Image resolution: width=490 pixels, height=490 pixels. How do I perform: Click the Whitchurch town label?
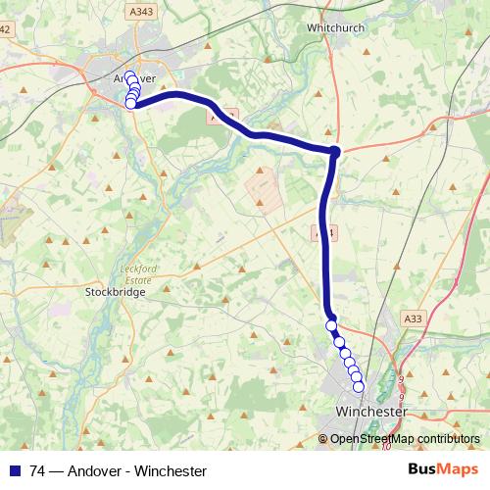pos(335,29)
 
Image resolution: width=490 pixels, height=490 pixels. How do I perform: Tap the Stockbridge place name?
pos(115,292)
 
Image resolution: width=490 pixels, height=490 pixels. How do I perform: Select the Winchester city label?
pos(370,413)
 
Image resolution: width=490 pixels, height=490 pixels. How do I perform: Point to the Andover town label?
pos(135,77)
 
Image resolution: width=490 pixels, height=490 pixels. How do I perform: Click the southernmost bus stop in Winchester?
pos(359,387)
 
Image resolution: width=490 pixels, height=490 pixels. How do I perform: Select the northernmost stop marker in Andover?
pos(129,74)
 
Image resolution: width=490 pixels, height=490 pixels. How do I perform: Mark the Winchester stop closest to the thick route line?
pos(331,325)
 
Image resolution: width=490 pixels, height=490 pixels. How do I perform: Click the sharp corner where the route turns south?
pos(335,151)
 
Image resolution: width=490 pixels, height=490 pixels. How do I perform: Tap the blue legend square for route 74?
pos(14,470)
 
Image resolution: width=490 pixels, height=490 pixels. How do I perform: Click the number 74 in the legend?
pos(38,471)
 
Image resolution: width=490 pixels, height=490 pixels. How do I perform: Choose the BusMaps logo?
pos(444,470)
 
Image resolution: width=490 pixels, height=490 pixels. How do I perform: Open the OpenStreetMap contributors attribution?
pos(405,438)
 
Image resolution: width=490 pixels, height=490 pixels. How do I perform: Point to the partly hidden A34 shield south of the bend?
pos(325,233)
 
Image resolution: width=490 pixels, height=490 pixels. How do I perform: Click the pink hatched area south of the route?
pos(262,187)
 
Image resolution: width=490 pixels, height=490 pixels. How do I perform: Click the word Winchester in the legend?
pos(171,471)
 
